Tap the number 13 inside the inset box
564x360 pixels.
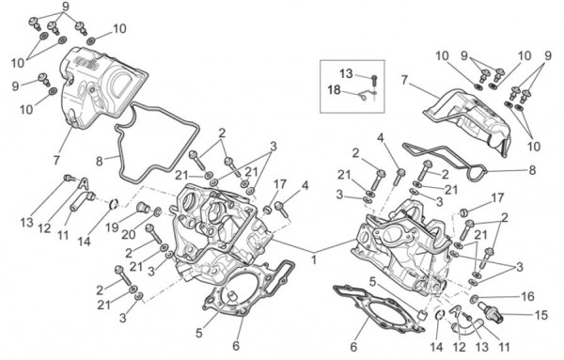[x=345, y=73]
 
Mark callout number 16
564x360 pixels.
[x=527, y=295]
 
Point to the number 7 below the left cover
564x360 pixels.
[x=58, y=159]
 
